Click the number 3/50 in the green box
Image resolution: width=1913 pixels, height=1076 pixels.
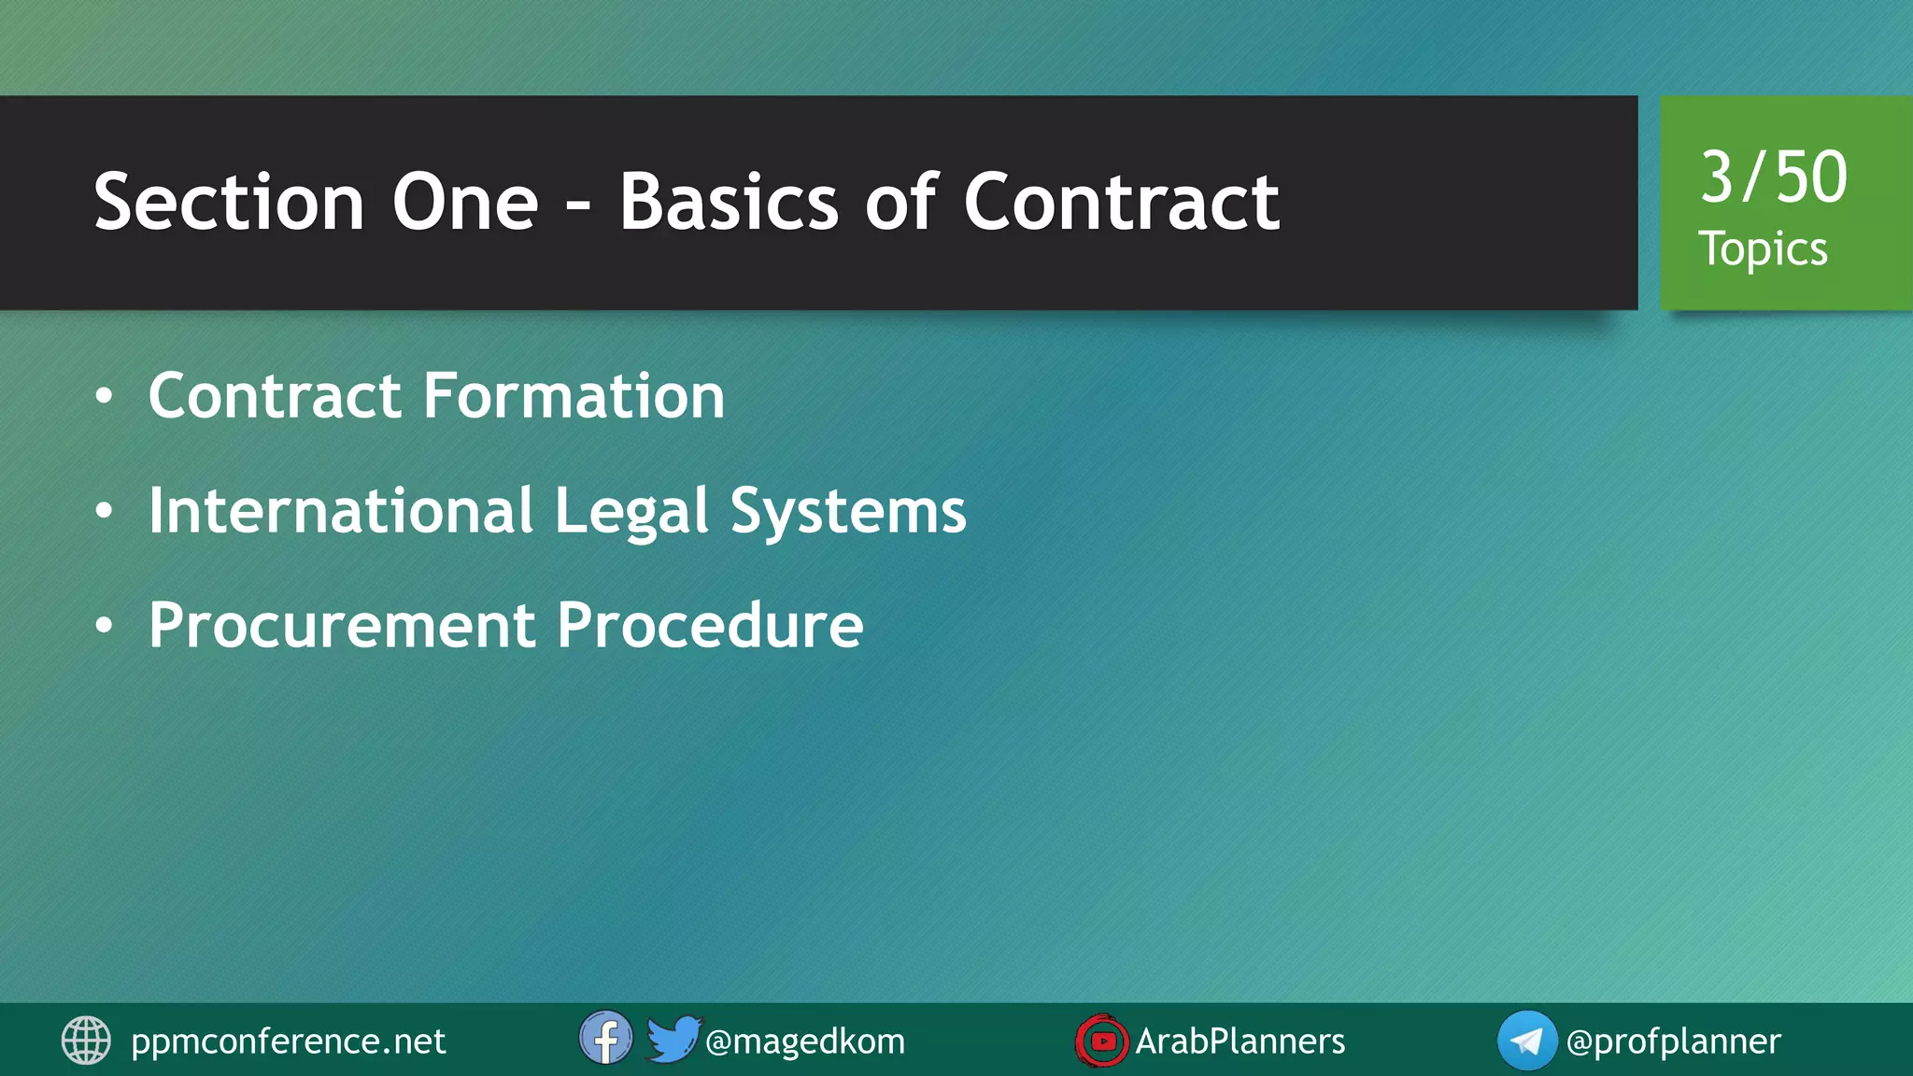[x=1773, y=177]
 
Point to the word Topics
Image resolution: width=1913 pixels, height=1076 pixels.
[x=1763, y=249]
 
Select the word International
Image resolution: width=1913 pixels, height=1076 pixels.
[x=341, y=511]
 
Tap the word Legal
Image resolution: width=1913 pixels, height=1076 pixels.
[x=631, y=513]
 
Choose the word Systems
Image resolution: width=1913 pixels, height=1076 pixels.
[x=847, y=513]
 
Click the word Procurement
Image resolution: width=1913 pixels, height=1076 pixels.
[x=342, y=625]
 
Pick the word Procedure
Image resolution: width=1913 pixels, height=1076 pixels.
[x=710, y=625]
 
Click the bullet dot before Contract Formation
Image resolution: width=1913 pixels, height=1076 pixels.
[x=104, y=397]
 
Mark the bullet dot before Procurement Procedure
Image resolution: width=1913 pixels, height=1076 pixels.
[x=104, y=626]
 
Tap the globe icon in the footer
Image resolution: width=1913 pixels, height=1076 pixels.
[x=86, y=1041]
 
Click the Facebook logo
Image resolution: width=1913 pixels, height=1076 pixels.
[x=605, y=1038]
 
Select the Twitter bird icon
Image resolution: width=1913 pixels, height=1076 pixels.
[x=673, y=1038]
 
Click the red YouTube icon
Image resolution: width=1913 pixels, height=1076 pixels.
[x=1101, y=1041]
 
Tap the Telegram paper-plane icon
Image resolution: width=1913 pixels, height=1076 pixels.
[x=1526, y=1041]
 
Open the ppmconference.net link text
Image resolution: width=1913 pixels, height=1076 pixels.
[x=288, y=1041]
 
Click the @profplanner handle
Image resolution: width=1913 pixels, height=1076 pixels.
[x=1673, y=1041]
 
